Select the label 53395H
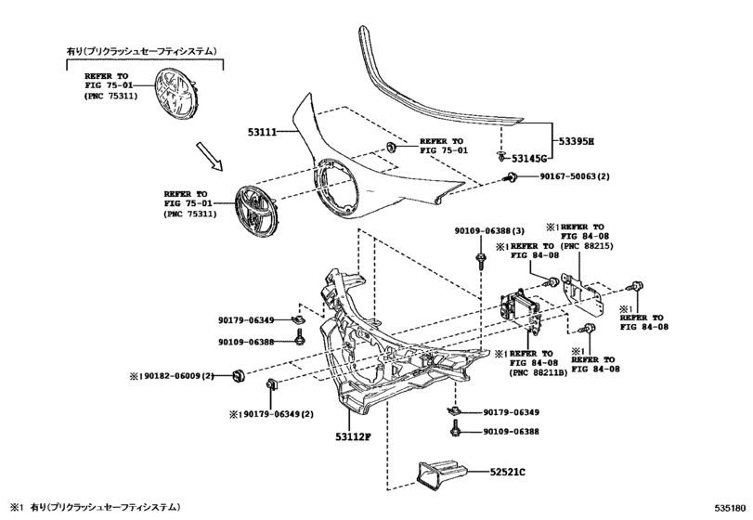[576, 141]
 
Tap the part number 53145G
[533, 159]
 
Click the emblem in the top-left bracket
[178, 94]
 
